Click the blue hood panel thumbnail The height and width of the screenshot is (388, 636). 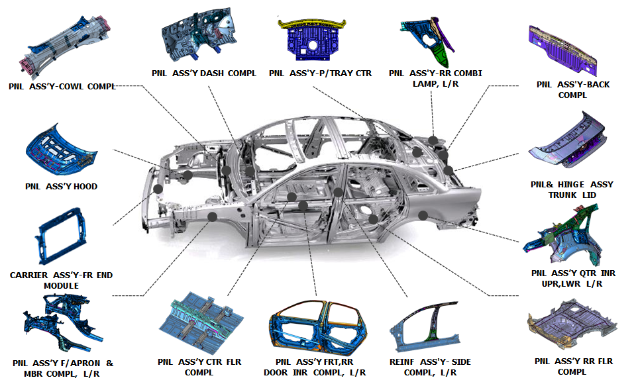click(x=61, y=152)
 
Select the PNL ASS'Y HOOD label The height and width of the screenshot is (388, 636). click(x=61, y=187)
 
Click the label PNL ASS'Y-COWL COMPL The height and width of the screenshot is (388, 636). click(x=62, y=86)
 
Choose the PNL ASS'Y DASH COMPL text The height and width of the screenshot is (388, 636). click(x=203, y=73)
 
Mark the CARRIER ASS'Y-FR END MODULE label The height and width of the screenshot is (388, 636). click(x=62, y=280)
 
